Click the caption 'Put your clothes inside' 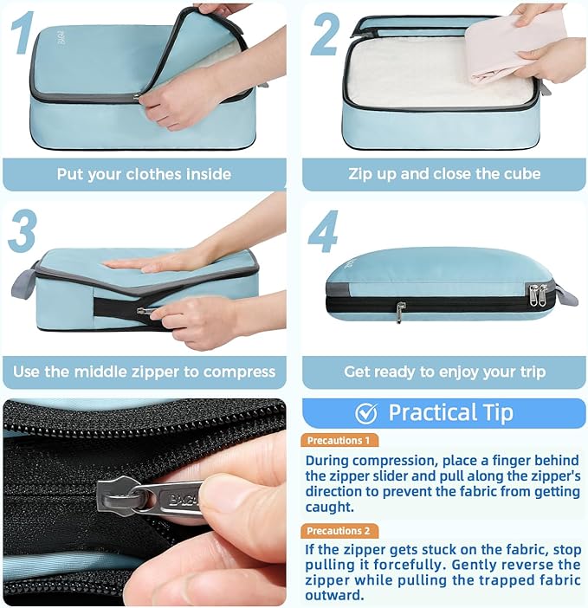[144, 174]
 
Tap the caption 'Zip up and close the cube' [443, 174]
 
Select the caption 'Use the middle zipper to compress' [144, 372]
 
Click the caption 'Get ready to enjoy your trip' [444, 372]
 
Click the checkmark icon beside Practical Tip [366, 412]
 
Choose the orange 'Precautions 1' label [340, 440]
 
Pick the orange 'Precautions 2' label [340, 531]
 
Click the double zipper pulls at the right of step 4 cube [538, 294]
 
